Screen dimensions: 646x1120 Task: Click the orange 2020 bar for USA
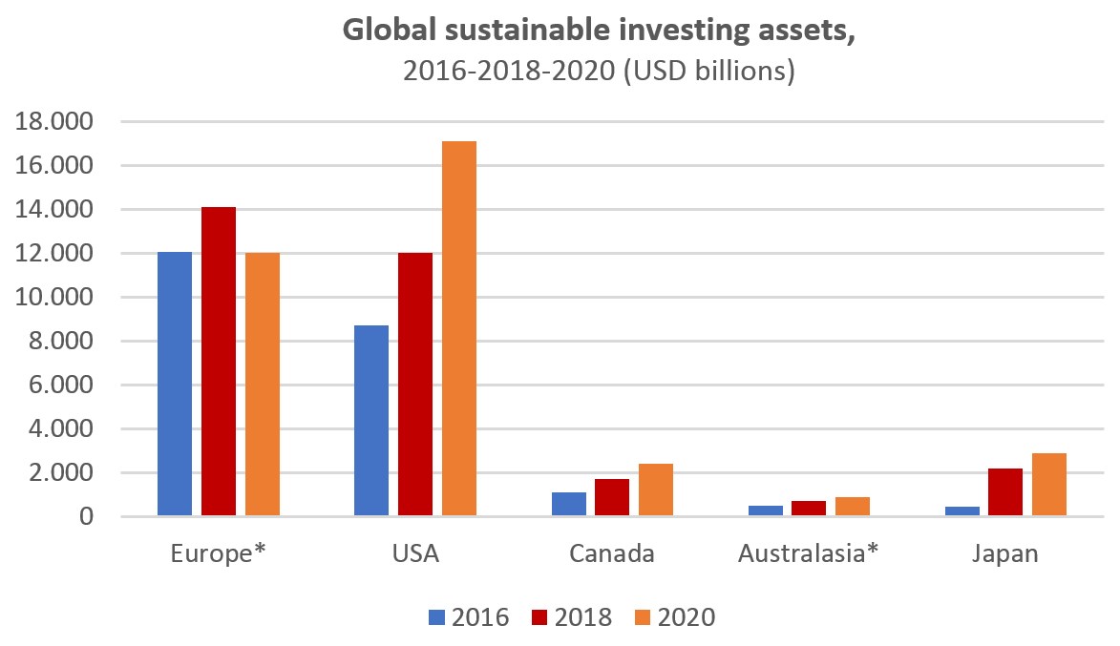pos(459,328)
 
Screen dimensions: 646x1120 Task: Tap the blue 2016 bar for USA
pos(371,420)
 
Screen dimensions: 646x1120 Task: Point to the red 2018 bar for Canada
pos(612,497)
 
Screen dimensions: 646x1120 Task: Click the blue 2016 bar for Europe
pos(175,384)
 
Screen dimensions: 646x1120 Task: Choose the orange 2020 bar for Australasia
pos(853,507)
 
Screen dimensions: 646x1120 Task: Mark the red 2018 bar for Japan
pos(1005,492)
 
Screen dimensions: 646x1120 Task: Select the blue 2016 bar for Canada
pos(569,504)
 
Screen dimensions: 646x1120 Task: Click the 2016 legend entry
pos(469,617)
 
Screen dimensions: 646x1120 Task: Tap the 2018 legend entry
pos(571,617)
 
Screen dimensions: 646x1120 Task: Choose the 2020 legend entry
pos(674,617)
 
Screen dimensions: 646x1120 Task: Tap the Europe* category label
pos(218,554)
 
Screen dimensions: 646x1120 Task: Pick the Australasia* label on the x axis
pos(809,554)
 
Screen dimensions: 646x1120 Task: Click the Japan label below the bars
pos(1005,554)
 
